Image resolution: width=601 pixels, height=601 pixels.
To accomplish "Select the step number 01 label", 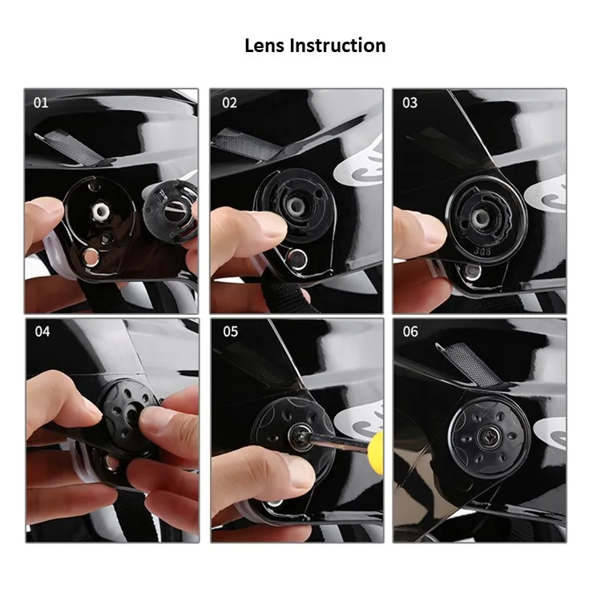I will [41, 103].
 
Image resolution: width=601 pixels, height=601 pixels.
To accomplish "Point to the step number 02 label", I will [230, 103].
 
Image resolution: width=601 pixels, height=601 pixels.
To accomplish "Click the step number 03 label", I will [409, 103].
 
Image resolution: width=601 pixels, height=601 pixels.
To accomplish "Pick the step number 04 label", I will [42, 331].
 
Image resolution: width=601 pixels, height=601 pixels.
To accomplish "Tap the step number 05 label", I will [230, 331].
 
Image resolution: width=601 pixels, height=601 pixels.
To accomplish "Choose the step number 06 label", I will [409, 331].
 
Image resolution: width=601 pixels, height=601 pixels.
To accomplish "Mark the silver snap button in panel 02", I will [298, 257].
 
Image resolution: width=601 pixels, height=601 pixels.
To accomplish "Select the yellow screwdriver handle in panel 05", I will [377, 445].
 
